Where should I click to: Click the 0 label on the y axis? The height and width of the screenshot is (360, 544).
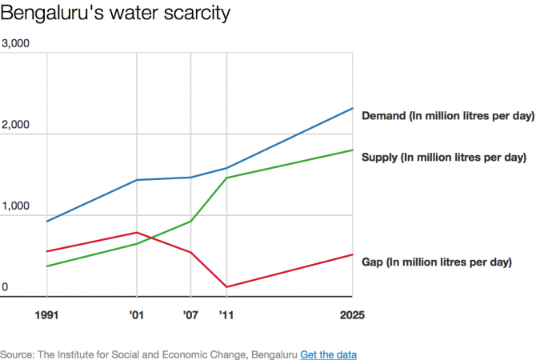[5, 288]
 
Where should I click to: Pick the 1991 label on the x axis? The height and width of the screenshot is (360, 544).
[47, 315]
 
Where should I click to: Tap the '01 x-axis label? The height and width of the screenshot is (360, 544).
[136, 315]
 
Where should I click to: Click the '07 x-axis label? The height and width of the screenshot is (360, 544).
[190, 315]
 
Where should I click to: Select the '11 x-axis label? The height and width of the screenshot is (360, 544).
[227, 315]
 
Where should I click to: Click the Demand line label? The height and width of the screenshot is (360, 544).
[448, 116]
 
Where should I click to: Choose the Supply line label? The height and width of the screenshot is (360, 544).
[444, 157]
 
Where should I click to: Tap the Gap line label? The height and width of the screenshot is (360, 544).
[437, 262]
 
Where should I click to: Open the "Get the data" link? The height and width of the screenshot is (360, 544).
[328, 354]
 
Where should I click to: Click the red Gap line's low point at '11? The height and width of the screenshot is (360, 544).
[227, 286]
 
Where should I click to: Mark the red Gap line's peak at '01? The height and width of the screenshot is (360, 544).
[136, 232]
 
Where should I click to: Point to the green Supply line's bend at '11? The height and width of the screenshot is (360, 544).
[227, 178]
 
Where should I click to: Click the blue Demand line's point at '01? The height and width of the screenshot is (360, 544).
[136, 180]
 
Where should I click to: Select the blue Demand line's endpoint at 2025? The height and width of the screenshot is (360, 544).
[353, 108]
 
